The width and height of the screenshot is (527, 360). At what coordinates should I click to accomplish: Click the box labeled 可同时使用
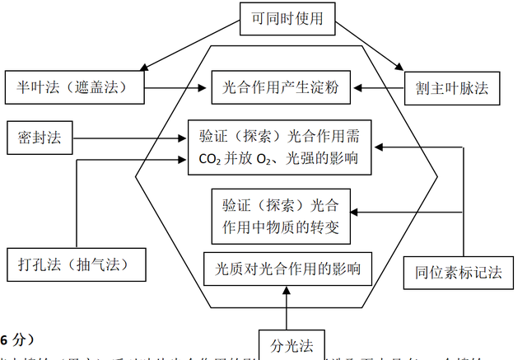pyautogui.click(x=287, y=18)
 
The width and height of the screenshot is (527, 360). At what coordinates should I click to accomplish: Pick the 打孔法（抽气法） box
pyautogui.click(x=72, y=265)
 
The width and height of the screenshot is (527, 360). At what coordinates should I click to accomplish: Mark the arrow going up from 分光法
pyautogui.click(x=286, y=306)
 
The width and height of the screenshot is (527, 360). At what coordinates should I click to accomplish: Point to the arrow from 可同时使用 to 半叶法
pyautogui.click(x=189, y=46)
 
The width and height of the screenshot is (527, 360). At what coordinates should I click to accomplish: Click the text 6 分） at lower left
pyautogui.click(x=16, y=339)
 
